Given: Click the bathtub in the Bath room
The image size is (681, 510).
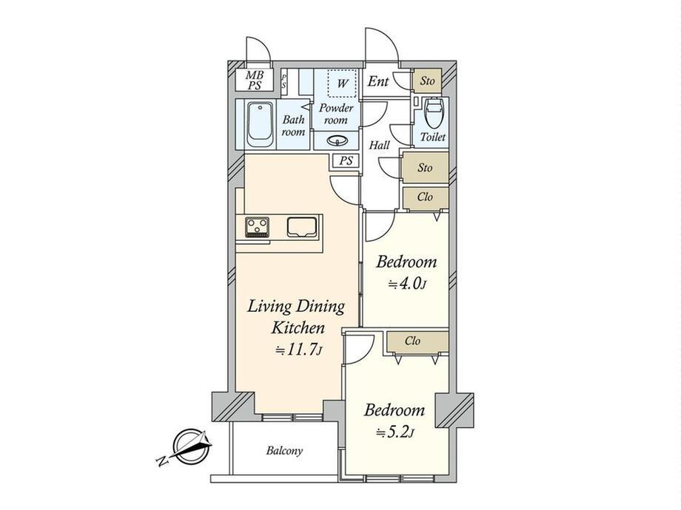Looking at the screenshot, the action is tap(260, 124).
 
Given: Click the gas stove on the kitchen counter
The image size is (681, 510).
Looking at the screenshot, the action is tap(257, 227).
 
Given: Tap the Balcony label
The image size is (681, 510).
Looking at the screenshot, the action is tap(284, 451).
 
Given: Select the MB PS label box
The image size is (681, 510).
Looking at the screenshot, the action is tap(255, 81).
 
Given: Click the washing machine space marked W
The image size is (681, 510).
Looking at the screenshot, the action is tap(342, 83).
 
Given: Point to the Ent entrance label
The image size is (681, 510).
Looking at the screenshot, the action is tap(378, 81).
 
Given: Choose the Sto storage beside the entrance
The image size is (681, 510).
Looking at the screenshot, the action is tap(427, 81).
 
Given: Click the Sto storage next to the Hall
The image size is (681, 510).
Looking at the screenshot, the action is tap(425, 167).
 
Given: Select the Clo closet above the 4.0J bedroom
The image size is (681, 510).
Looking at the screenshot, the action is tap(425, 197).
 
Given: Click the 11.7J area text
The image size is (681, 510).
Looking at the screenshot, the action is tap(299, 350).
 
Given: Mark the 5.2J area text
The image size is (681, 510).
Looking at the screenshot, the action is tap(395, 432).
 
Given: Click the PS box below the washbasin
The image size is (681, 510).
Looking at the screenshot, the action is tap(346, 161).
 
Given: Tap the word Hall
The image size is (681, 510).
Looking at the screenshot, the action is tap(379, 146).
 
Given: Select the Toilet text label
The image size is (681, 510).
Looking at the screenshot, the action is tap(432, 137).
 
